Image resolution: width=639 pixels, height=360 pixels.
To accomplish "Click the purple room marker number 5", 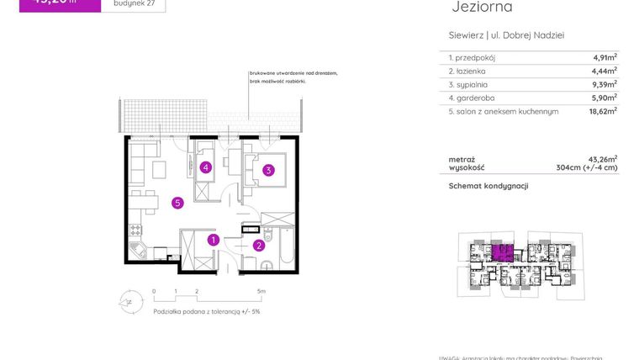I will (x=177, y=202).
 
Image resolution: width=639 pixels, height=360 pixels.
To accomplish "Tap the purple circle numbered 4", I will (x=205, y=167).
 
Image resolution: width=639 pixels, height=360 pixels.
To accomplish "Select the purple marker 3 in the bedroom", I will (x=268, y=171).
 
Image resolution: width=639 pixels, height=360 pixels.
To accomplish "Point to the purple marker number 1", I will (x=214, y=241).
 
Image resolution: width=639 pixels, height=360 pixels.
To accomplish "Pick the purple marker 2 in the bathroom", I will (x=259, y=246).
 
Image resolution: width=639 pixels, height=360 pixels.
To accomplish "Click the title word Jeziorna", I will (x=482, y=8).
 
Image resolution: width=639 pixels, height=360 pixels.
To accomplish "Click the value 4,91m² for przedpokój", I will (x=605, y=57).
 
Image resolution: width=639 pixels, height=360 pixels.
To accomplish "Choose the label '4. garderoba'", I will (x=472, y=98).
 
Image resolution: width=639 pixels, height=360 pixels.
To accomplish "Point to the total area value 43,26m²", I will (x=603, y=158).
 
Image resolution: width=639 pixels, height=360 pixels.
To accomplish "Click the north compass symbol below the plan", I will (x=127, y=299).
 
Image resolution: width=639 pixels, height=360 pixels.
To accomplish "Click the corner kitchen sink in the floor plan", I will (x=138, y=251).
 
